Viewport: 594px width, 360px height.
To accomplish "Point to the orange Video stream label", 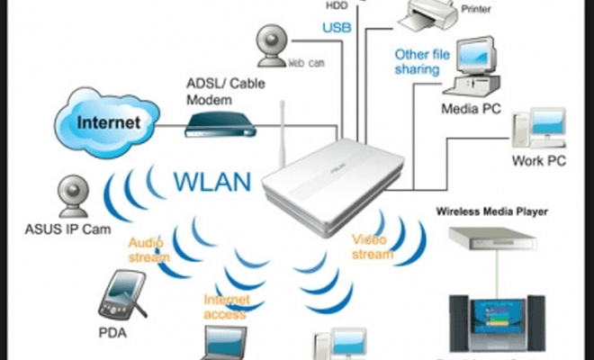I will [x=372, y=247].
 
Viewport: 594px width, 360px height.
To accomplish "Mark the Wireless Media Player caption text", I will [x=491, y=212].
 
